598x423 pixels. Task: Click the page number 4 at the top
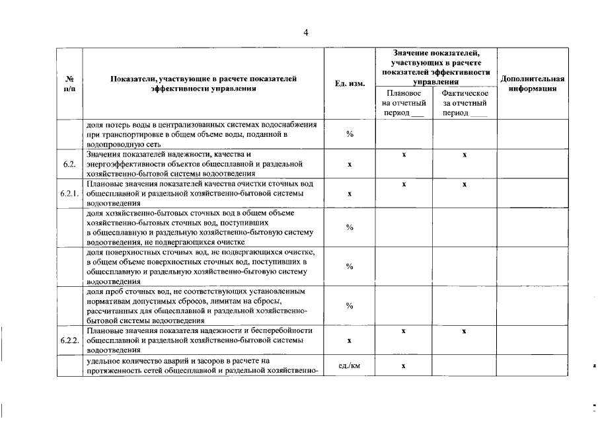[305, 32]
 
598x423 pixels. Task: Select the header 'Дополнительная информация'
[532, 84]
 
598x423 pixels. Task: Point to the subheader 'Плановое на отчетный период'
[403, 103]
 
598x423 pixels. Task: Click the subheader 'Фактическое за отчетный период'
[465, 103]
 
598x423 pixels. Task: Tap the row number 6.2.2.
[69, 340]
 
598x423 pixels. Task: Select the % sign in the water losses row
[350, 134]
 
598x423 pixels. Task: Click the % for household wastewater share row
[350, 227]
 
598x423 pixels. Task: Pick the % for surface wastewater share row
[350, 266]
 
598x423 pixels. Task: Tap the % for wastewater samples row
[350, 305]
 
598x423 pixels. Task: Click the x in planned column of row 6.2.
[403, 155]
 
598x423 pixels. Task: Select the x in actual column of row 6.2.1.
[465, 184]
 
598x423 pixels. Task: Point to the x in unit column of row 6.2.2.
[350, 340]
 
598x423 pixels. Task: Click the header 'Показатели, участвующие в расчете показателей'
[204, 79]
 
